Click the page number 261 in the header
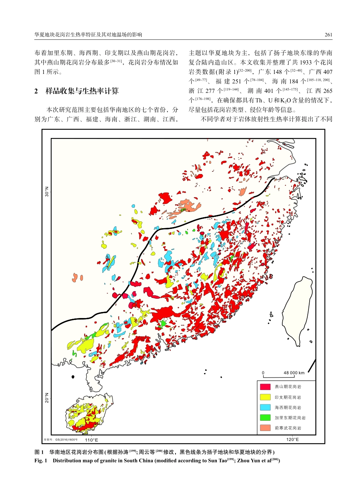click(328, 34)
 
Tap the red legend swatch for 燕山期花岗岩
click(265, 387)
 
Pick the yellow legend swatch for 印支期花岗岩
click(265, 397)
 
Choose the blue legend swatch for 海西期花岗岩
click(265, 407)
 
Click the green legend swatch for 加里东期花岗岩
click(265, 418)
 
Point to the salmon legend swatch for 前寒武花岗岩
click(265, 428)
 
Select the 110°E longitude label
click(91, 440)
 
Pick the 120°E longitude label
click(292, 439)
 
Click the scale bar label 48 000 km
click(294, 373)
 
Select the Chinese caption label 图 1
click(39, 452)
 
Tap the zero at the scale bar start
click(263, 373)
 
